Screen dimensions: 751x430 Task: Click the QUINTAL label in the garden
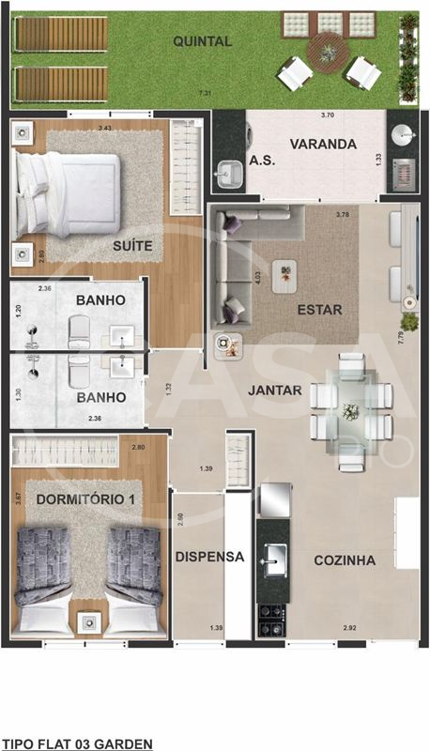(202, 40)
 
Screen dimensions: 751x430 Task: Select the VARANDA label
(322, 145)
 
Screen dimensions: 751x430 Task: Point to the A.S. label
(261, 161)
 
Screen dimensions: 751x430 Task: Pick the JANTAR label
(275, 389)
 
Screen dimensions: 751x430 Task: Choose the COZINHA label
(345, 560)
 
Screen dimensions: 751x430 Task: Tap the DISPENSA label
(209, 557)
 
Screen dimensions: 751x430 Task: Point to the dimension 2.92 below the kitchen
(348, 627)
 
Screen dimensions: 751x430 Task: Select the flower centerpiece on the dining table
(351, 410)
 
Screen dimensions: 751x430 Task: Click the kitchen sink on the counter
(273, 560)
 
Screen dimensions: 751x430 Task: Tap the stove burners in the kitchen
(272, 616)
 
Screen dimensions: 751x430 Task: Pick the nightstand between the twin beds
(89, 621)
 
